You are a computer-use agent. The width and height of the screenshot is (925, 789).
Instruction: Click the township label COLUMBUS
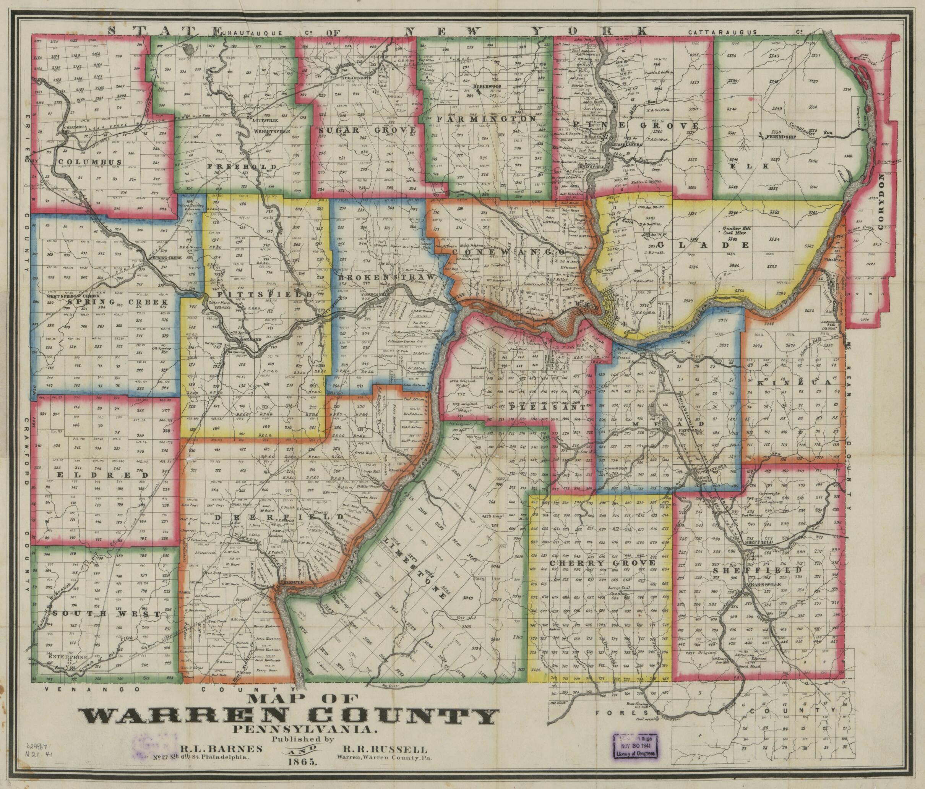click(x=92, y=162)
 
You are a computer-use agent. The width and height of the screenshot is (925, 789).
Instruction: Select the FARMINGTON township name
click(x=486, y=119)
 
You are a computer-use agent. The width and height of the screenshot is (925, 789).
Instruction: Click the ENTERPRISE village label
click(x=66, y=657)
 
